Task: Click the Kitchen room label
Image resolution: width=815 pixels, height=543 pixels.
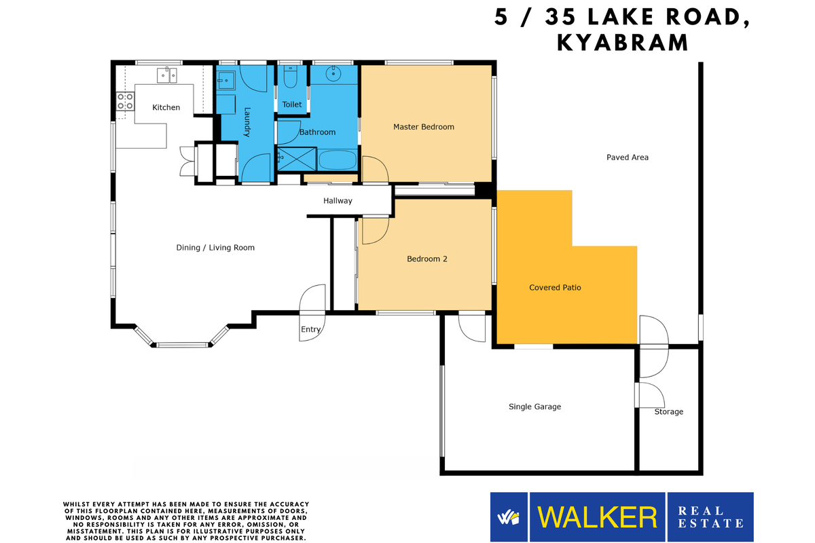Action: [x=166, y=107]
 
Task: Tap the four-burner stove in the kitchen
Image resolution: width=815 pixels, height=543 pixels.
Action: [x=125, y=102]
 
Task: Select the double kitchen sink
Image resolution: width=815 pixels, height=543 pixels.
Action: [x=166, y=75]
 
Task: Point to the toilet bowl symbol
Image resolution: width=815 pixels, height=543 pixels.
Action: [x=291, y=79]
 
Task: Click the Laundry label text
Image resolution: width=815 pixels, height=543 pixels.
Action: [x=248, y=122]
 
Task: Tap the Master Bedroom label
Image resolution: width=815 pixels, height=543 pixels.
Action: [x=424, y=127]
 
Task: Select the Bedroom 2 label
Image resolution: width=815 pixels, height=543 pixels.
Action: [x=427, y=259]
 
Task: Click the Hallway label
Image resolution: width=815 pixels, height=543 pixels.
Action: [x=338, y=201]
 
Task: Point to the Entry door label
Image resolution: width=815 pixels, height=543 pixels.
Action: [x=310, y=330]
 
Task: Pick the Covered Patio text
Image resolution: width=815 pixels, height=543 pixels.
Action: [x=555, y=288]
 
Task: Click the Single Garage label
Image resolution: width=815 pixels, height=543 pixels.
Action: [x=535, y=407]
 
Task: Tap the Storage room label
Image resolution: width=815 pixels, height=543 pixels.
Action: [x=668, y=412]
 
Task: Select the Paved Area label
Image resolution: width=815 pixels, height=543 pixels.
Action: [x=627, y=157]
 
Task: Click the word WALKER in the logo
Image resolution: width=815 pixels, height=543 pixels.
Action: [x=598, y=517]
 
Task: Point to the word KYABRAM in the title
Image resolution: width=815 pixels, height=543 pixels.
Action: [x=622, y=42]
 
